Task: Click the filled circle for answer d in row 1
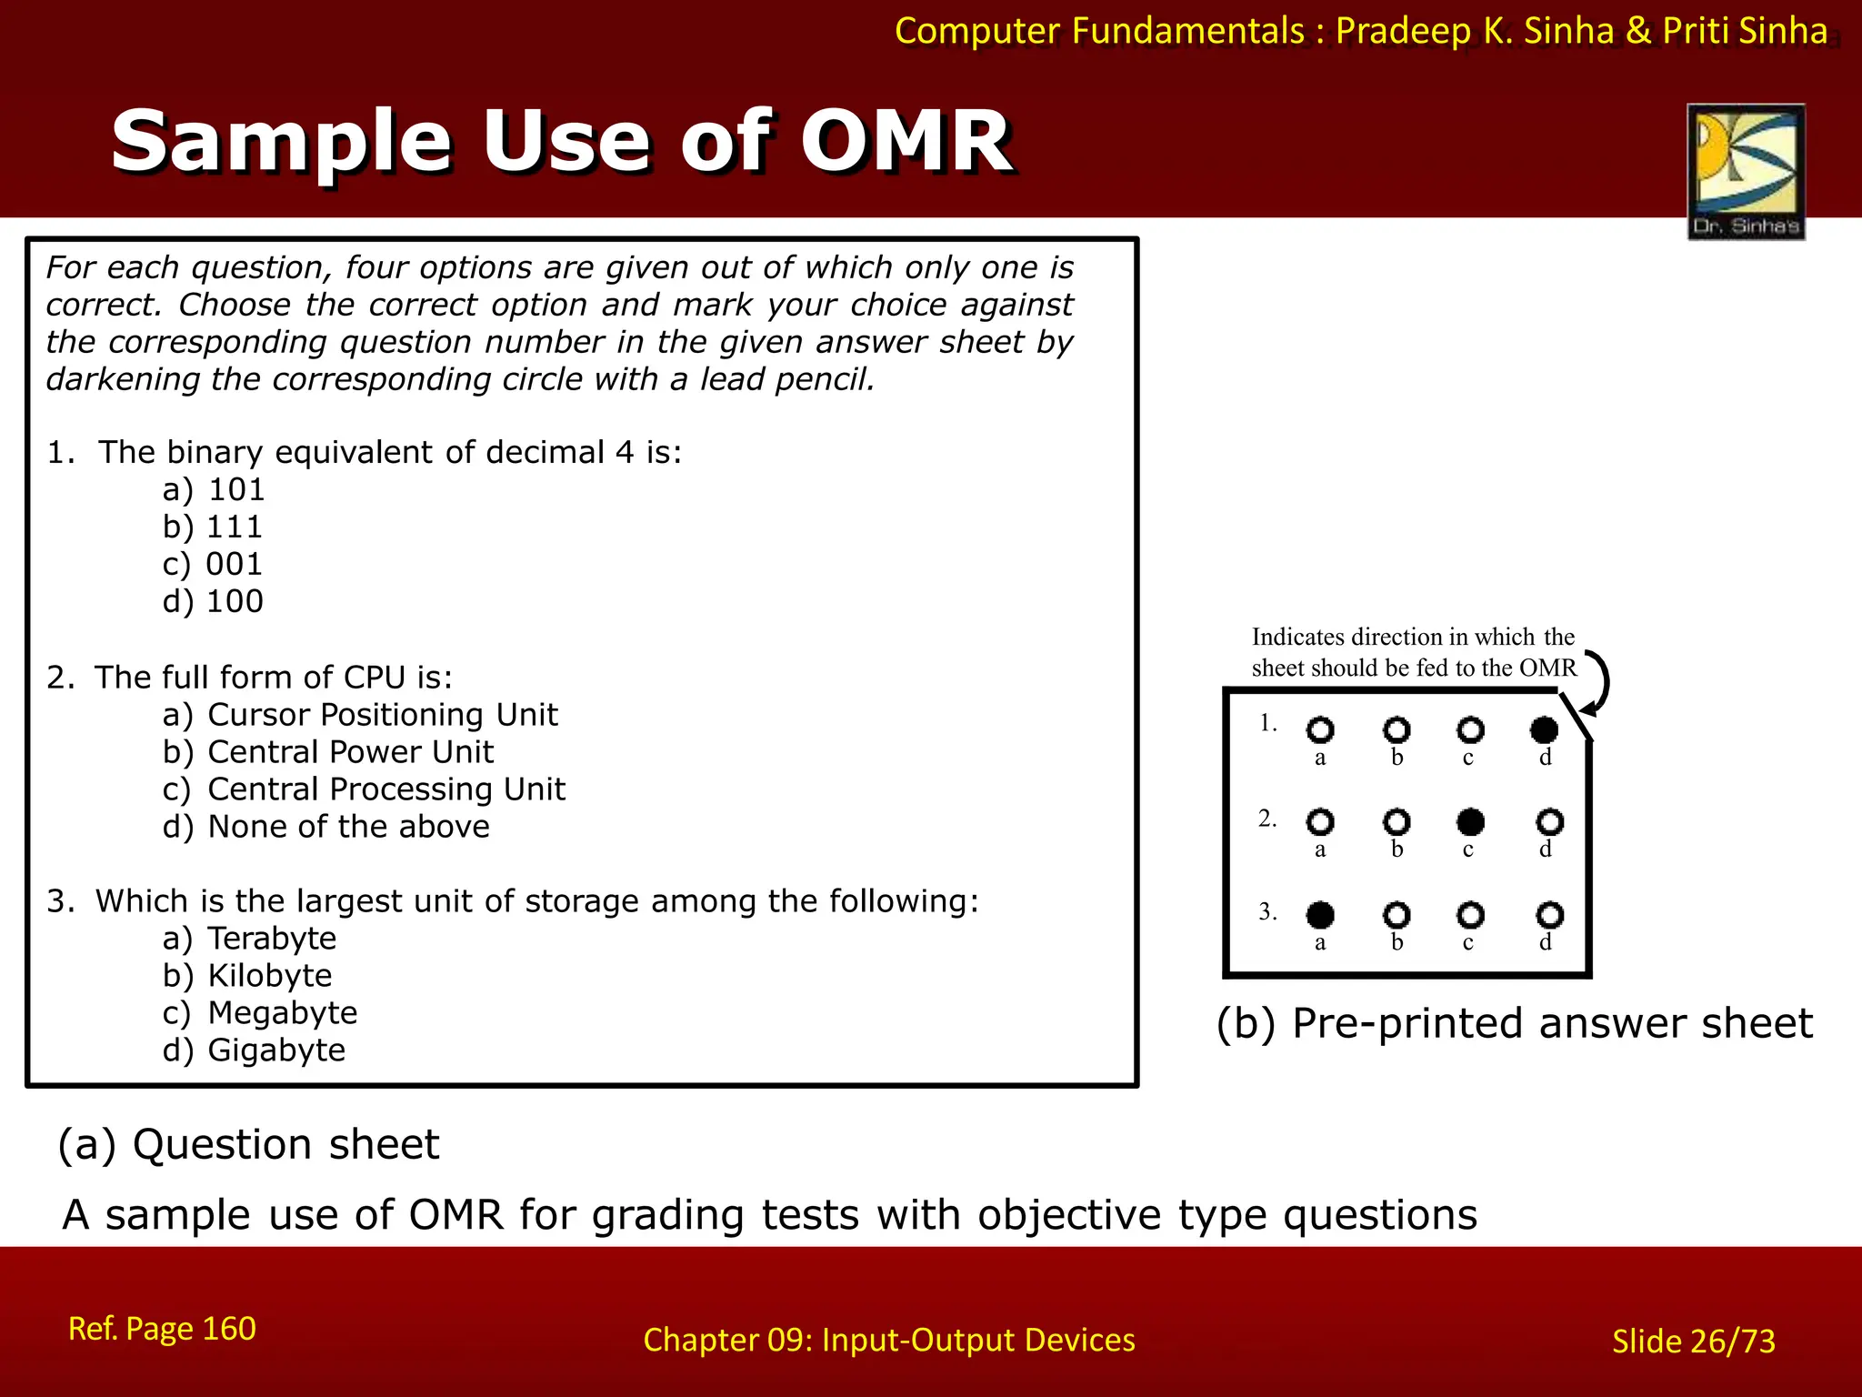pyautogui.click(x=1544, y=729)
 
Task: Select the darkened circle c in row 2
pyautogui.click(x=1469, y=822)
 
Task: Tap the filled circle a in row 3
pyautogui.click(x=1320, y=914)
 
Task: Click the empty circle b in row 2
pyautogui.click(x=1396, y=822)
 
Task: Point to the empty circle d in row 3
pyautogui.click(x=1549, y=914)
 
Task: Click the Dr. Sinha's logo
pyautogui.click(x=1746, y=171)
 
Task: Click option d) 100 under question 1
pyautogui.click(x=214, y=601)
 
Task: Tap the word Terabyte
pyautogui.click(x=272, y=938)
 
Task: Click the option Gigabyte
pyautogui.click(x=276, y=1050)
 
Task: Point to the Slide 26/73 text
pyautogui.click(x=1693, y=1341)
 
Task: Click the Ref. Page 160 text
pyautogui.click(x=162, y=1329)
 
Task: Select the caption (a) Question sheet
pyautogui.click(x=248, y=1144)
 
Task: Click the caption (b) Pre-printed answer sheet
pyautogui.click(x=1514, y=1023)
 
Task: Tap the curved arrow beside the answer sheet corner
pyautogui.click(x=1598, y=682)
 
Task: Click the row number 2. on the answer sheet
pyautogui.click(x=1267, y=819)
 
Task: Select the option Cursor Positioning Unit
pyautogui.click(x=382, y=715)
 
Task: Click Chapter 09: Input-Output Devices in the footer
pyautogui.click(x=888, y=1340)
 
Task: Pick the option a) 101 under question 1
pyautogui.click(x=214, y=489)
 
